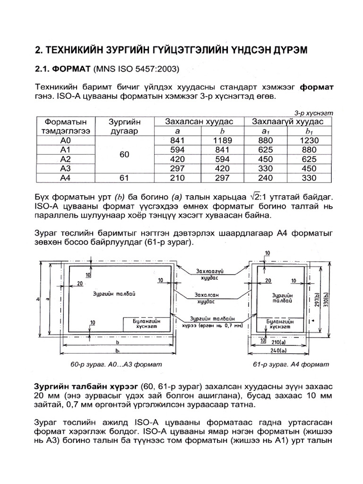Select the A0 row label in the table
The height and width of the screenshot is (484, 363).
[x=65, y=140]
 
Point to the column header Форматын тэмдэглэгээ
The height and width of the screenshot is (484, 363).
[x=65, y=126]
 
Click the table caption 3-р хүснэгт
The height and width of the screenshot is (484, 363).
[x=314, y=113]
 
